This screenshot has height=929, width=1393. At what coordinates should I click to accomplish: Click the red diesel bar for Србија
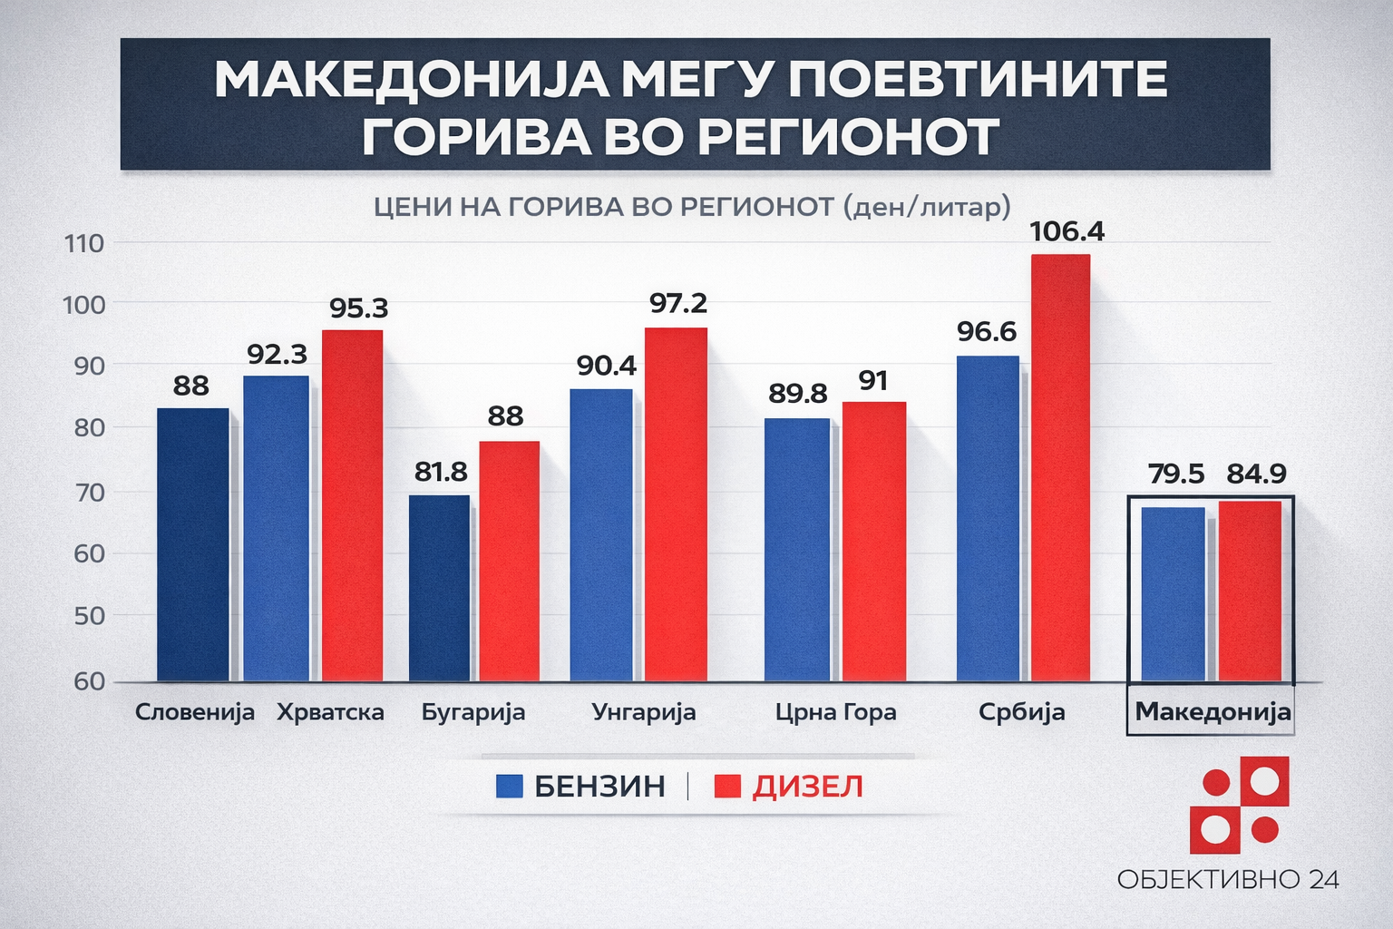[1060, 467]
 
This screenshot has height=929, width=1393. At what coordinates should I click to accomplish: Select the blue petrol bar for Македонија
[1173, 594]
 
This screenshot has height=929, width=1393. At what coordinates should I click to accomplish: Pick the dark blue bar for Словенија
[192, 544]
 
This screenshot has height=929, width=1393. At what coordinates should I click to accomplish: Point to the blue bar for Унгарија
[601, 535]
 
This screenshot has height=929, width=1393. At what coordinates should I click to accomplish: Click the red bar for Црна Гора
[873, 541]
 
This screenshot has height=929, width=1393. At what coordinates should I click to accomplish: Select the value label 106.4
[1067, 232]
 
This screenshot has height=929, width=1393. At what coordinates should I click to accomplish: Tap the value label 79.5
[1176, 474]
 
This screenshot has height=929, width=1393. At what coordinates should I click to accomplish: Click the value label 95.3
[358, 308]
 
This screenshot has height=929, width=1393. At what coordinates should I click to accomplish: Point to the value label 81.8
[441, 472]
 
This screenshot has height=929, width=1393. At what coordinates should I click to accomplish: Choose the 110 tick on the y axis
[83, 243]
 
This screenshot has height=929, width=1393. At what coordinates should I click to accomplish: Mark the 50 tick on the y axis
[89, 616]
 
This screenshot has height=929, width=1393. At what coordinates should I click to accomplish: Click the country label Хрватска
[330, 712]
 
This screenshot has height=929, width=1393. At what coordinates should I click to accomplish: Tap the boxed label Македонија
[1213, 711]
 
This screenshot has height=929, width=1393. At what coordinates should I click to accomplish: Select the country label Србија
[1021, 712]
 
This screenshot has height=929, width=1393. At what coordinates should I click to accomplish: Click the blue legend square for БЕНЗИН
[510, 786]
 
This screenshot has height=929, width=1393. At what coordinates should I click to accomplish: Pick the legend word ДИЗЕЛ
[807, 787]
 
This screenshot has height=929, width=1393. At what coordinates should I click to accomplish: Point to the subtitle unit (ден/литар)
[926, 207]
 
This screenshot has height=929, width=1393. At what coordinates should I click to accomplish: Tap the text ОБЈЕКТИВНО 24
[1228, 879]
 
